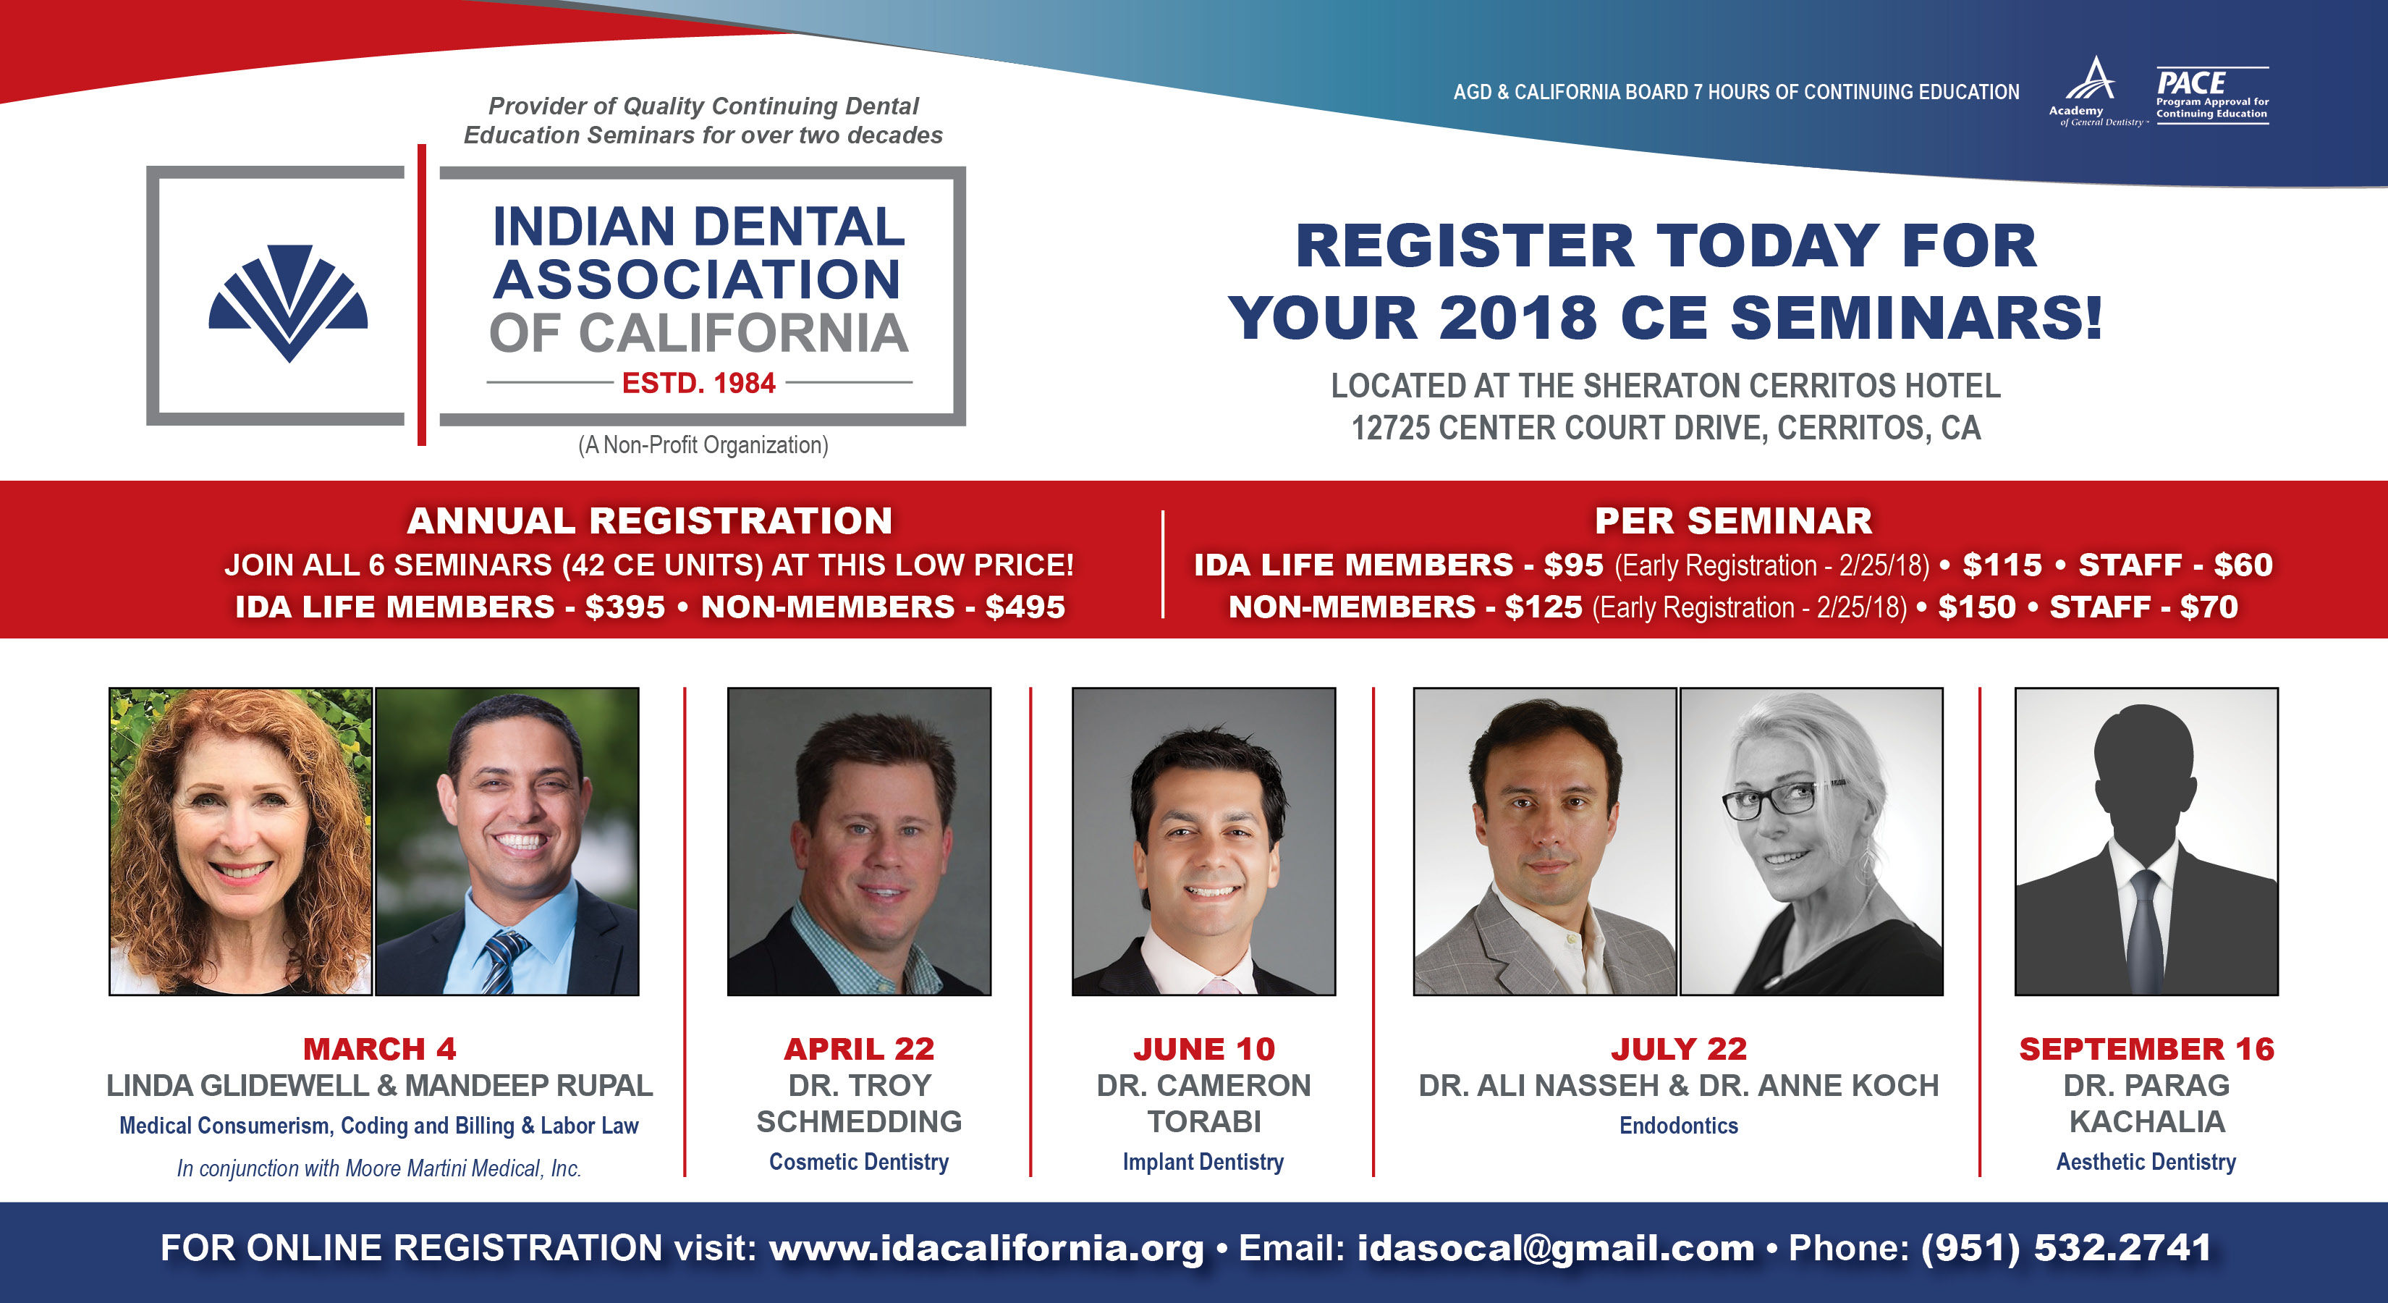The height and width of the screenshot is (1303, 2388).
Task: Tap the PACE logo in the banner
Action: [x=2212, y=96]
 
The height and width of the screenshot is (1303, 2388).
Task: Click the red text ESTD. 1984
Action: [x=698, y=383]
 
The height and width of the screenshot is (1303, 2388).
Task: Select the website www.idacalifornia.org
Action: [x=986, y=1248]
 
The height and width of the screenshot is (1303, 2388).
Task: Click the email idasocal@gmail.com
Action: [x=1556, y=1248]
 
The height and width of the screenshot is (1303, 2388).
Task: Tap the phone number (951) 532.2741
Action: [x=2066, y=1248]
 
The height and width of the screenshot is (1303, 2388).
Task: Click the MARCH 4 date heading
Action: [x=379, y=1049]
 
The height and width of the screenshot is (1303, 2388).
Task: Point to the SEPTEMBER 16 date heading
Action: [x=2146, y=1049]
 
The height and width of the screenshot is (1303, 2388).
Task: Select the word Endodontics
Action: [x=1678, y=1126]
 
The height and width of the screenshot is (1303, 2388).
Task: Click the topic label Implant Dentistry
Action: [x=1203, y=1162]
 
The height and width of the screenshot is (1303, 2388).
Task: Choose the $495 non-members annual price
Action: [x=1025, y=607]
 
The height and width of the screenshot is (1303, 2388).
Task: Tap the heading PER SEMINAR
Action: [x=1732, y=521]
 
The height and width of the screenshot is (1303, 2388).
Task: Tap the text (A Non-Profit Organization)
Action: [x=703, y=445]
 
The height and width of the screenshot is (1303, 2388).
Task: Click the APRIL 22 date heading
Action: [x=858, y=1049]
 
